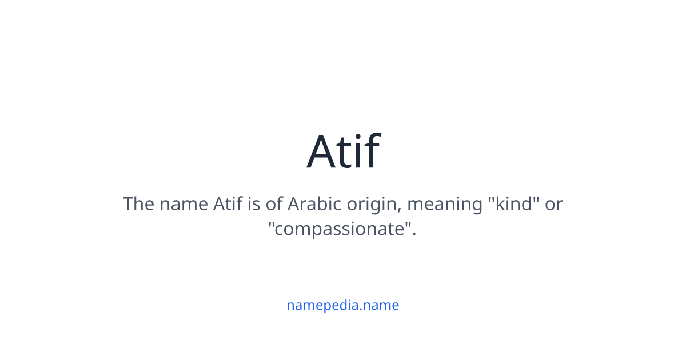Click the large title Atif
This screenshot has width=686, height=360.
(x=343, y=151)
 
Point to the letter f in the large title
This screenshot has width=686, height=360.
(x=372, y=151)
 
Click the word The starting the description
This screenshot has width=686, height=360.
(x=137, y=204)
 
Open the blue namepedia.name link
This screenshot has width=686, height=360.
(x=343, y=305)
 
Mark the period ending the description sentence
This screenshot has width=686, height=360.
(x=414, y=235)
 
